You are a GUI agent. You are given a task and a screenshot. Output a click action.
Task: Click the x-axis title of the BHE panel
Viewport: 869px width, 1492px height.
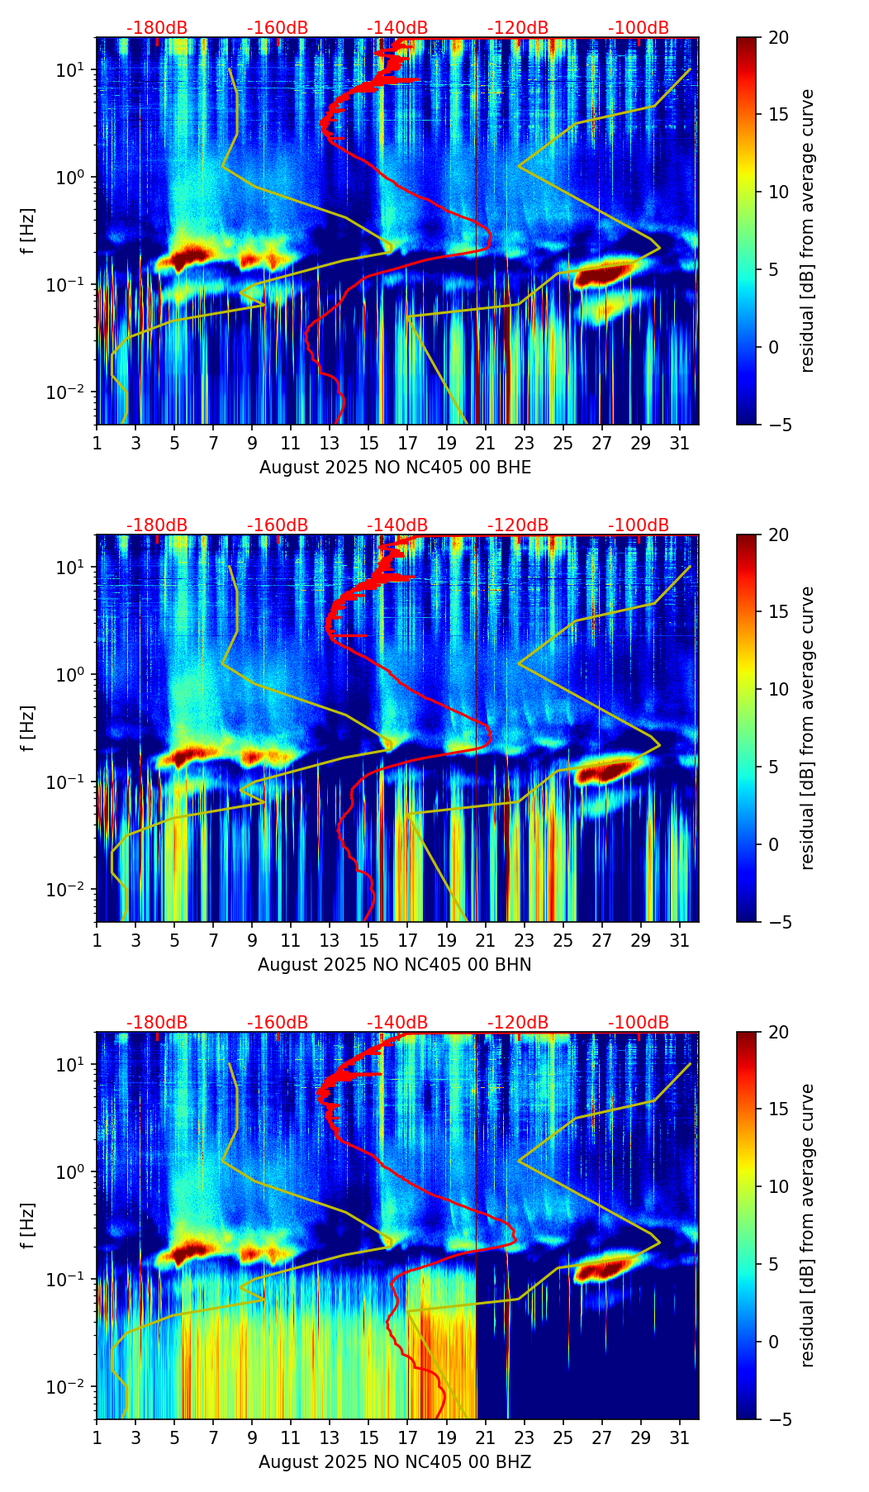tap(395, 468)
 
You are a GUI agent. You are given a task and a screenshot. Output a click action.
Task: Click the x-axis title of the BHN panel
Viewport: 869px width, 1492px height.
tap(394, 965)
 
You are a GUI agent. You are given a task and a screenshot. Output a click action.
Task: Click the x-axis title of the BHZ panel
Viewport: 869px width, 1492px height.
tap(394, 1462)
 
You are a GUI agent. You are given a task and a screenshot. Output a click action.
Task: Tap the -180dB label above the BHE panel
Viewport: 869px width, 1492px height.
tap(157, 28)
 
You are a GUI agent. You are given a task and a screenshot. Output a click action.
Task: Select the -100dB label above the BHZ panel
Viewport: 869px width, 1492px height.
tap(639, 1023)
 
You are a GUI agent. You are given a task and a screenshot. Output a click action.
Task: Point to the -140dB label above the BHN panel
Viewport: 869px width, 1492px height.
tap(397, 525)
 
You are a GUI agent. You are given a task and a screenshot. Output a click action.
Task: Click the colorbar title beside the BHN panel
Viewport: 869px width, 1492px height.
tap(807, 728)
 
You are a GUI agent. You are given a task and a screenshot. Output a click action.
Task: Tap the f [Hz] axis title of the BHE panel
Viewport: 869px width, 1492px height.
tap(29, 231)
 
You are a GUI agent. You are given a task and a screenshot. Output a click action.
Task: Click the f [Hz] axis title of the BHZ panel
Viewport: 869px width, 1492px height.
tap(29, 1226)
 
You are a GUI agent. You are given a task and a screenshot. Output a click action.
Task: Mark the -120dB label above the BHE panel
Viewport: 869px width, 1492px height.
tap(518, 28)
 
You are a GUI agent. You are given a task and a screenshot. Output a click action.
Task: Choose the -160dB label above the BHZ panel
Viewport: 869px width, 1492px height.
tap(278, 1023)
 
